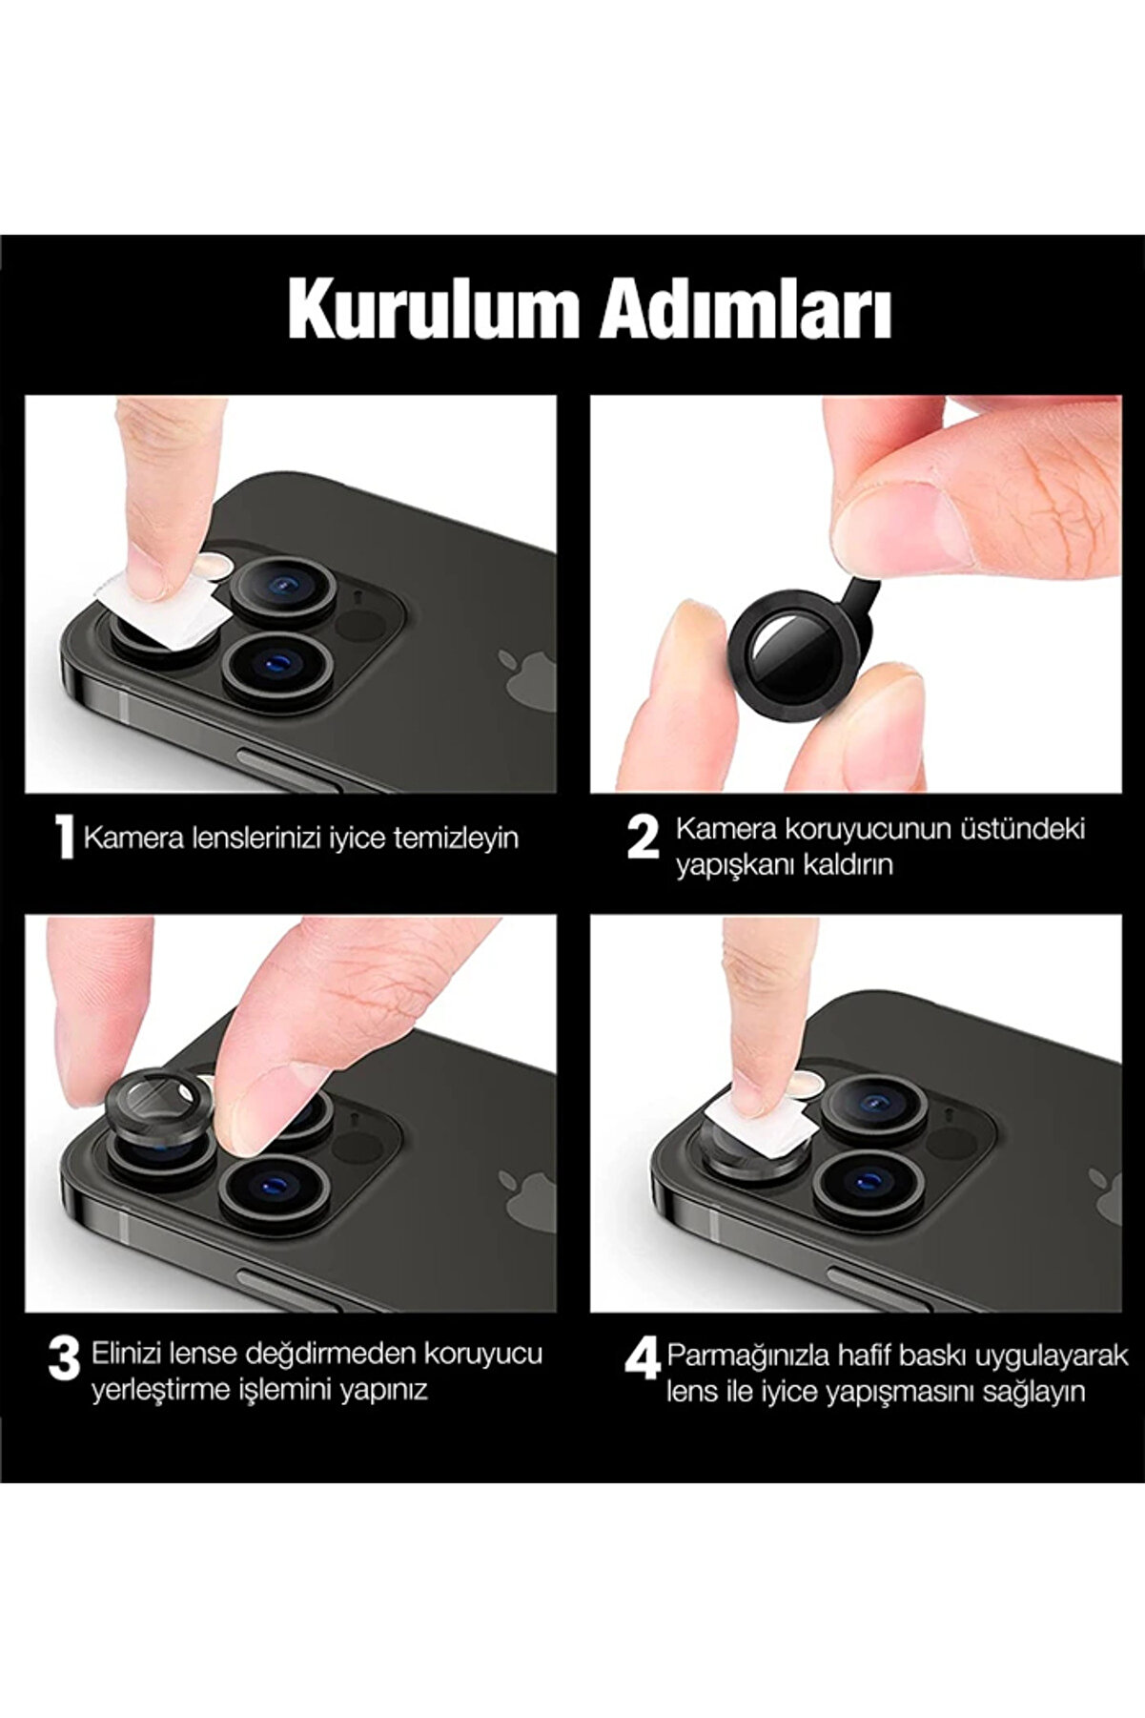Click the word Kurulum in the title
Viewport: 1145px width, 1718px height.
[434, 309]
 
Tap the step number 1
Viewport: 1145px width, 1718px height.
[64, 838]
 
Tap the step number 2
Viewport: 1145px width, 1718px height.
[644, 838]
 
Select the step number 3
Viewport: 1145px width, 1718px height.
[64, 1358]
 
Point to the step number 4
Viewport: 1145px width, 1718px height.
[643, 1358]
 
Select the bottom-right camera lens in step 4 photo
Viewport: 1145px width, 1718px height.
[868, 1183]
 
